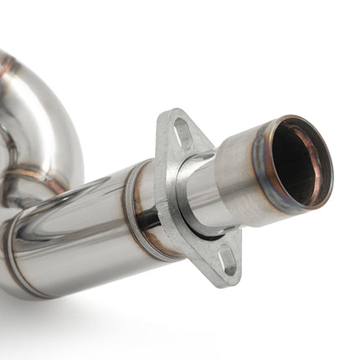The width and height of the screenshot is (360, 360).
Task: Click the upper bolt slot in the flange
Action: tap(182, 131)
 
